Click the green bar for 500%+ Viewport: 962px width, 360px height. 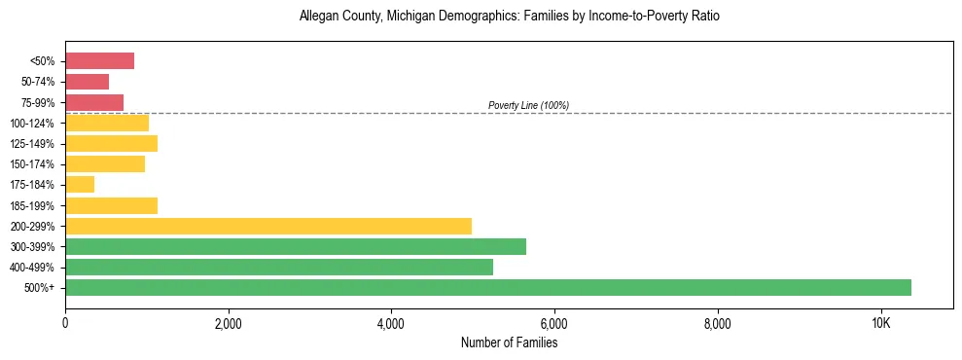(x=488, y=287)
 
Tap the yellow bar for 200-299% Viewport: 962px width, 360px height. (x=268, y=226)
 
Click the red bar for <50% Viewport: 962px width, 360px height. (x=99, y=61)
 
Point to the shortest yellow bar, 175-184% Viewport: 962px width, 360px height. (x=80, y=184)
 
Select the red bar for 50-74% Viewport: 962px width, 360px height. (x=87, y=82)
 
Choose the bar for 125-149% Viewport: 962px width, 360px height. (x=111, y=143)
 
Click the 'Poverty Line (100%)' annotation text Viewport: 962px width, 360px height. (x=528, y=105)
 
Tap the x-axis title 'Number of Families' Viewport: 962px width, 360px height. (x=509, y=342)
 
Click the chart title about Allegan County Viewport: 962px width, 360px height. (x=510, y=17)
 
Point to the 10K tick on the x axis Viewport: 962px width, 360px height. (x=879, y=323)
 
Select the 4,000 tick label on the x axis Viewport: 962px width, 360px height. (x=390, y=323)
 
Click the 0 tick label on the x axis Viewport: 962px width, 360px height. (x=65, y=323)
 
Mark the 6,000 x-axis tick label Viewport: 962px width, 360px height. (x=553, y=323)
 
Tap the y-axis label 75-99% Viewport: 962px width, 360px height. (x=38, y=103)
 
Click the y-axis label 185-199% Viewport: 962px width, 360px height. (x=33, y=205)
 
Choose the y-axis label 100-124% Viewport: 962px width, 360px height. (x=33, y=124)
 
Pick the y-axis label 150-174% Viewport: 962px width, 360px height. (x=33, y=164)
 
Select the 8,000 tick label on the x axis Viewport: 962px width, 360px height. (x=716, y=323)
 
